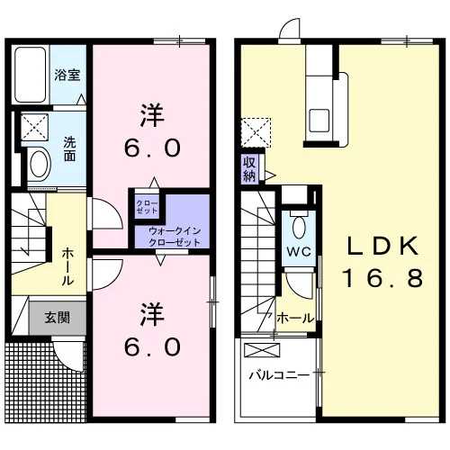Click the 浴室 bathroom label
(x=67, y=75)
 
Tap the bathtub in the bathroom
(x=31, y=75)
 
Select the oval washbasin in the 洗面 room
(x=39, y=164)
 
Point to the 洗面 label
(x=69, y=149)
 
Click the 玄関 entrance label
(x=58, y=318)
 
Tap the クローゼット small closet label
(x=147, y=207)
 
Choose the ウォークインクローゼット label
(x=175, y=237)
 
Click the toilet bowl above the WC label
(x=299, y=227)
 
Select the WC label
(x=299, y=251)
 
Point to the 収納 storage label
(x=249, y=169)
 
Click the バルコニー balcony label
(x=279, y=375)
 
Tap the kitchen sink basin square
(x=319, y=120)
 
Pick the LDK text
(x=382, y=246)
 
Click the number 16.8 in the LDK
(x=382, y=278)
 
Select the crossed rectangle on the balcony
(x=262, y=350)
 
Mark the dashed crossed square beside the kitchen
(x=256, y=132)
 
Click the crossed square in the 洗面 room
(x=34, y=127)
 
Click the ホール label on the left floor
(x=67, y=266)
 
